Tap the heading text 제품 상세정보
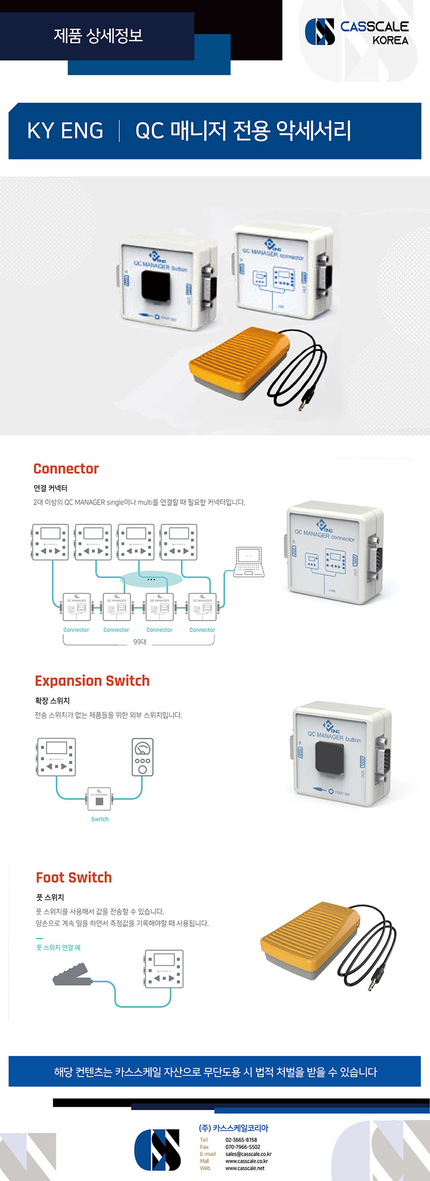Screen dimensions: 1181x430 pyautogui.click(x=98, y=35)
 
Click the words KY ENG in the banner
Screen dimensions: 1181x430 pyautogui.click(x=65, y=131)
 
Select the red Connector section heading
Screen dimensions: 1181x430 pyautogui.click(x=66, y=469)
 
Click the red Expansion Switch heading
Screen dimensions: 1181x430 pyautogui.click(x=92, y=681)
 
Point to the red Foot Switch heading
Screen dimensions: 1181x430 pyautogui.click(x=74, y=877)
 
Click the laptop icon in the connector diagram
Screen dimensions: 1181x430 pyautogui.click(x=249, y=562)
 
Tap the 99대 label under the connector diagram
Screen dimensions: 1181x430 pyautogui.click(x=139, y=642)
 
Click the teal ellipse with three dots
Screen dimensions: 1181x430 pyautogui.click(x=151, y=579)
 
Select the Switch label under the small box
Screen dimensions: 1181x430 pyautogui.click(x=99, y=819)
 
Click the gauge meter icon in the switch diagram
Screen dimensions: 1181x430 pyautogui.click(x=142, y=757)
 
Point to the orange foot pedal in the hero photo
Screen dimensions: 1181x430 pyautogui.click(x=237, y=361)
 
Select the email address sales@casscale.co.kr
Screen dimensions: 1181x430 pyautogui.click(x=248, y=1154)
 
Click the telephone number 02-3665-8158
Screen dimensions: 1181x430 pyautogui.click(x=241, y=1140)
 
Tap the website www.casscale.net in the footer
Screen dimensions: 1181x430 pyautogui.click(x=245, y=1168)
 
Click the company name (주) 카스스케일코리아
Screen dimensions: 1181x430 pyautogui.click(x=233, y=1128)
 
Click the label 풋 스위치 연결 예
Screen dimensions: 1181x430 pyautogui.click(x=58, y=947)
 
